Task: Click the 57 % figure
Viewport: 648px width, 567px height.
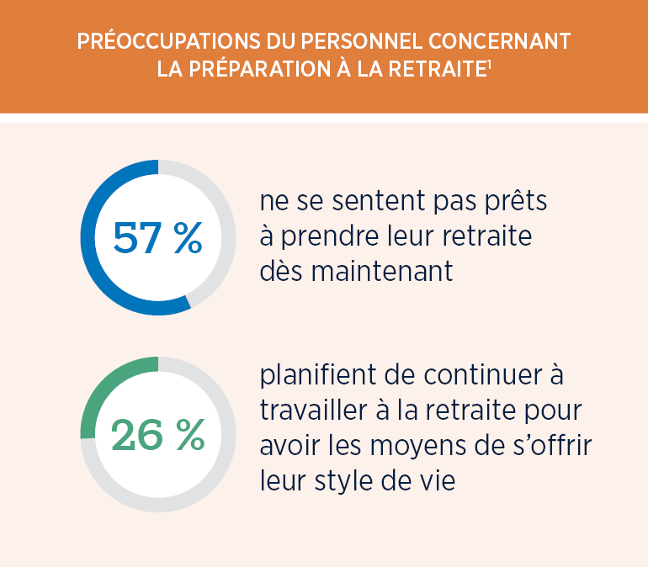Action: point(157,238)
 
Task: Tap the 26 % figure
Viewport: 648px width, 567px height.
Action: point(157,434)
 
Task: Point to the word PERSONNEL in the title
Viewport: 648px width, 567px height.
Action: point(342,41)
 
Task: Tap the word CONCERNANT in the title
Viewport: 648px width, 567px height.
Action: point(500,41)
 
